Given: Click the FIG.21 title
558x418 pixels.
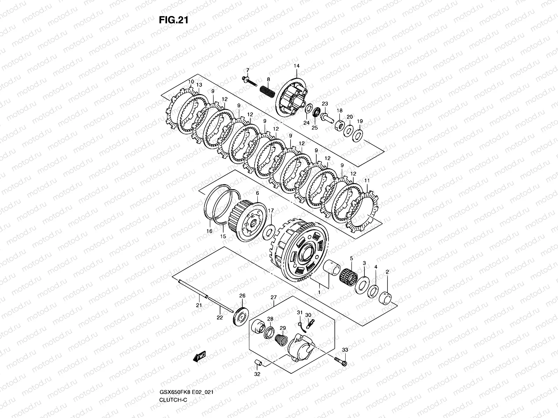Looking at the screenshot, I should tap(173, 20).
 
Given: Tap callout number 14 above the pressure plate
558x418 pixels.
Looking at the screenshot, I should tap(296, 66).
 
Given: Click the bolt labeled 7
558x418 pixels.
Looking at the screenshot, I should tap(248, 81).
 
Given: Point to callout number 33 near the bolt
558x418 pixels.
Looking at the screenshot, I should tap(345, 350).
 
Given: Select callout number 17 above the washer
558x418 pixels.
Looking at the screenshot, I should tap(271, 210).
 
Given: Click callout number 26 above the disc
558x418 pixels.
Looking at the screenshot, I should tap(242, 296).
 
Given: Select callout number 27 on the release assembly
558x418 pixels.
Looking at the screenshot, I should tap(273, 297).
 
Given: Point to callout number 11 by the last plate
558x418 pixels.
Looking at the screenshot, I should tap(367, 181).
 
